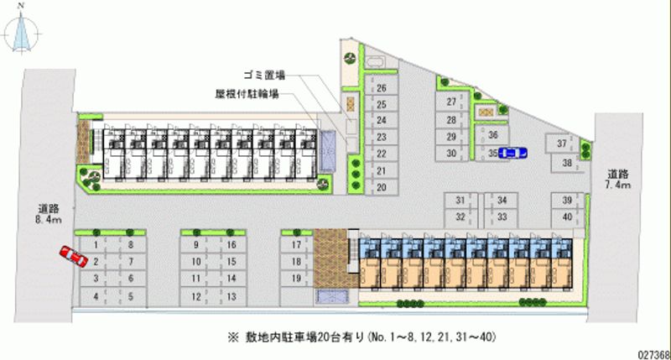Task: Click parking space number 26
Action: coord(381,88)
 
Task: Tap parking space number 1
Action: coord(96,245)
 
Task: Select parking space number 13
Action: coord(231,296)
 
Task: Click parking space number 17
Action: coord(295,245)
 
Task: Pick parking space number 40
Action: coord(568,217)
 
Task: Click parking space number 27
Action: coord(451,102)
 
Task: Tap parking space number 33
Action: coord(501,217)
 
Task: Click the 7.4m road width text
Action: coord(622,183)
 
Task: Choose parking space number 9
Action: coord(195,245)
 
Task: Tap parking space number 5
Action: coord(132,296)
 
